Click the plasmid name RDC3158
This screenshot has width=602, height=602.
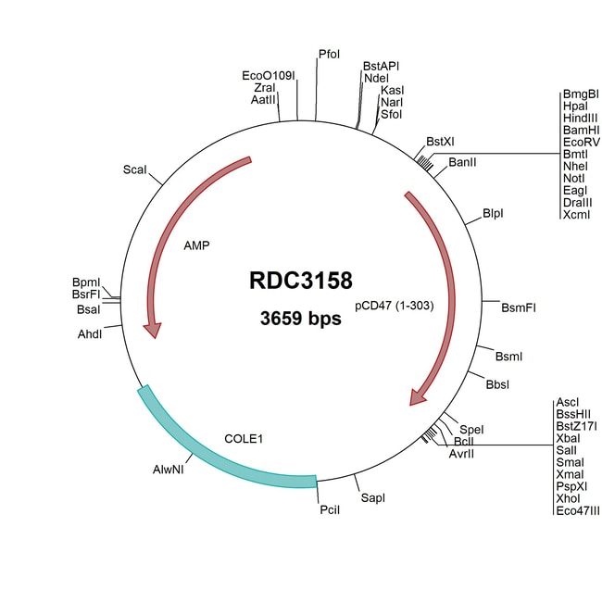click(301, 282)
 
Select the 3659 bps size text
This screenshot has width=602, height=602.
click(301, 320)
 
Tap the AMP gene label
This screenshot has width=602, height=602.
click(196, 245)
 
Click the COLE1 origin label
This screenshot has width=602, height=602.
click(245, 438)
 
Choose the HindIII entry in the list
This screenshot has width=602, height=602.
click(581, 119)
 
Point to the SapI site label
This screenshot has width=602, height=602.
click(372, 498)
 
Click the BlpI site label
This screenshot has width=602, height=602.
click(494, 214)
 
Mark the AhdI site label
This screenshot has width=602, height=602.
click(90, 333)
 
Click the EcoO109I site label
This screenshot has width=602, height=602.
click(269, 75)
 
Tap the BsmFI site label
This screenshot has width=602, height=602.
click(519, 307)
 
